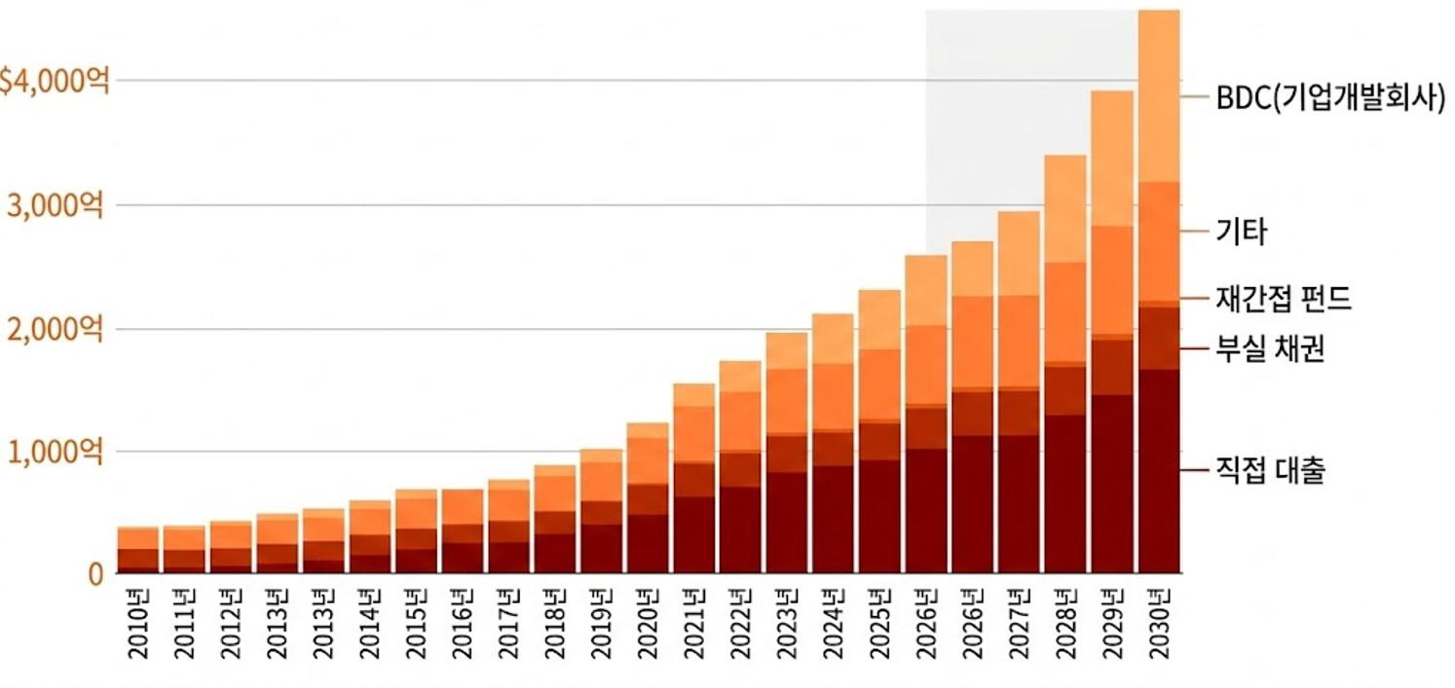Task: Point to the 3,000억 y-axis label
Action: (56, 206)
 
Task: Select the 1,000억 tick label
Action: (56, 453)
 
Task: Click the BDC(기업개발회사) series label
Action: (1329, 97)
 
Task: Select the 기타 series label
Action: (1241, 232)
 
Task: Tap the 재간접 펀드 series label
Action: (1284, 299)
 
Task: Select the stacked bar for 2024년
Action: (833, 443)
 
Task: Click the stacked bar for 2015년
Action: (416, 531)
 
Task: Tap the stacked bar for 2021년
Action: (693, 478)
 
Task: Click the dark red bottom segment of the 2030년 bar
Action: (1159, 471)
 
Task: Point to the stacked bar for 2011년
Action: (184, 550)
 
